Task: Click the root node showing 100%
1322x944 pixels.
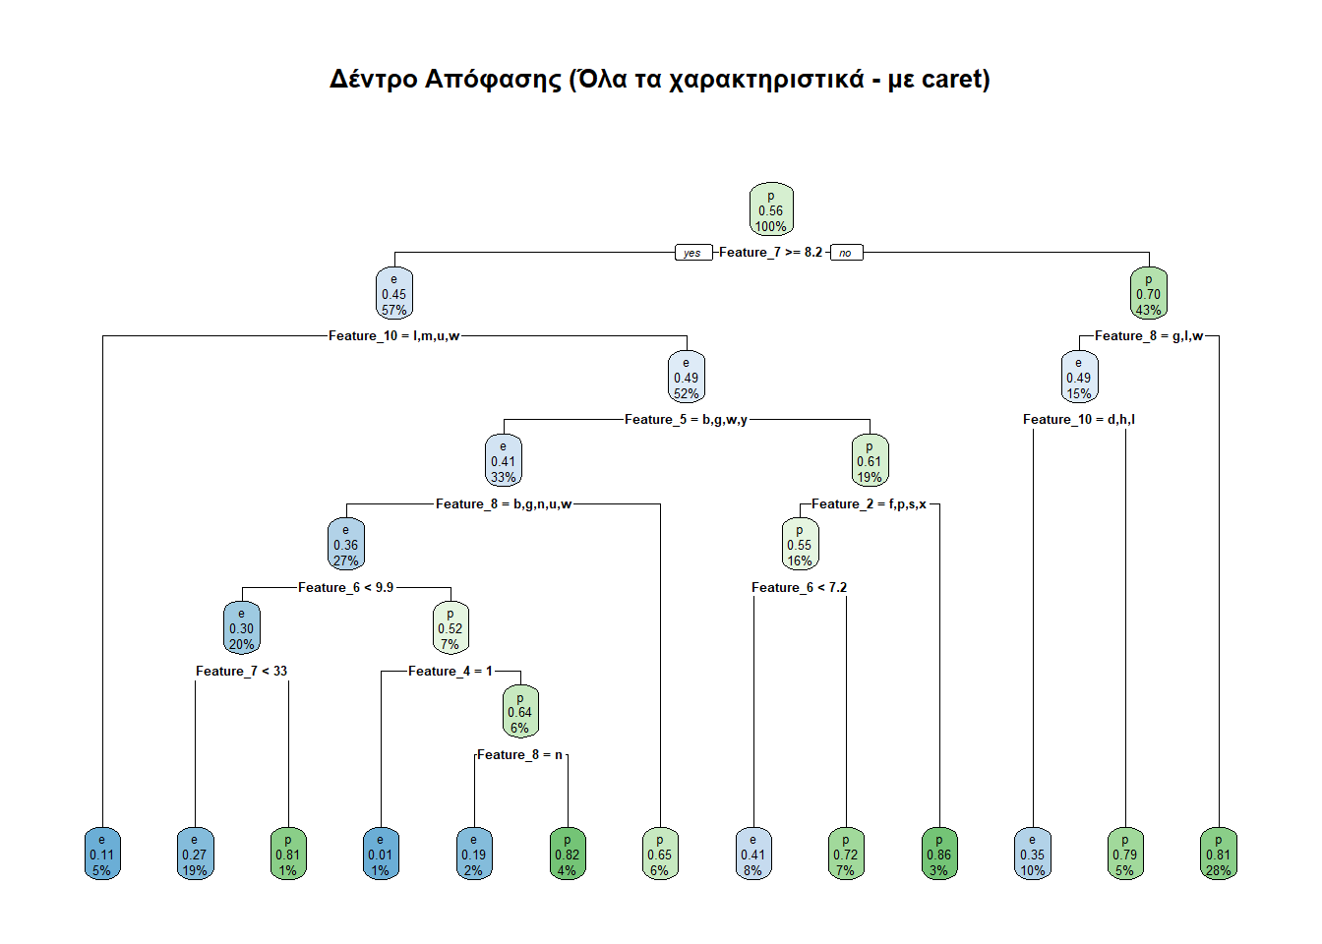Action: click(771, 209)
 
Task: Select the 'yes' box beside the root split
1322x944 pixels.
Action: click(692, 253)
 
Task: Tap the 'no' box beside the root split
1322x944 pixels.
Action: click(846, 253)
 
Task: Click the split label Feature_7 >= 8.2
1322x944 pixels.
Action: click(770, 253)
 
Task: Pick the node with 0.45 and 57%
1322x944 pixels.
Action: click(393, 294)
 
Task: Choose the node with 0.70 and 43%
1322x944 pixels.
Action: click(1148, 294)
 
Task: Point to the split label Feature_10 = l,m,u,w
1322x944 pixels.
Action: click(393, 336)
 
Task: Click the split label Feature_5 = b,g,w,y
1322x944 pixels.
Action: click(686, 420)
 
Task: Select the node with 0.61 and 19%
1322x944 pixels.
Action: click(870, 461)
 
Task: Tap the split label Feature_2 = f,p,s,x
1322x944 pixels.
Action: click(869, 504)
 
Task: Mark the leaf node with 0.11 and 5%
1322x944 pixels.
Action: click(102, 855)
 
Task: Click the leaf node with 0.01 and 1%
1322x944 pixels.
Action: click(381, 855)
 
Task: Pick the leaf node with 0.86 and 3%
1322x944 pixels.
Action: click(939, 855)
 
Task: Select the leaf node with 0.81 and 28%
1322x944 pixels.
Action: click(1218, 855)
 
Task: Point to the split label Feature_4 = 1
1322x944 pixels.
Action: click(451, 672)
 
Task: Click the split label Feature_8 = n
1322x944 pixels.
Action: click(520, 755)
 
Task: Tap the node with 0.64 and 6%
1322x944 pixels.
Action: click(520, 712)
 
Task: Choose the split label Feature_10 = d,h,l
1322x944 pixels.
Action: click(1078, 420)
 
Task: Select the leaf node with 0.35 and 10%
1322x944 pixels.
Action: click(1032, 855)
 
